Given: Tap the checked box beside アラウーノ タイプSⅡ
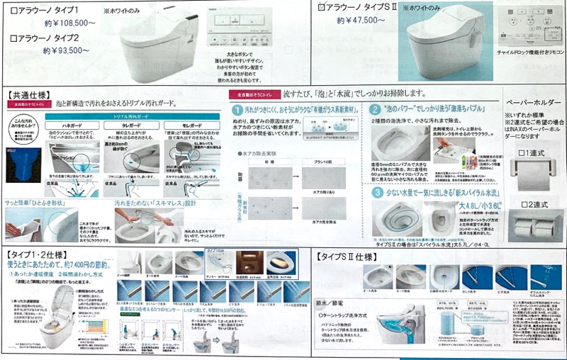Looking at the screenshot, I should click(x=322, y=7).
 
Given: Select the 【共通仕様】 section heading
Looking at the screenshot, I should click(x=28, y=94).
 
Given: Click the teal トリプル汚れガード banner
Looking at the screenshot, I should click(x=131, y=113).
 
